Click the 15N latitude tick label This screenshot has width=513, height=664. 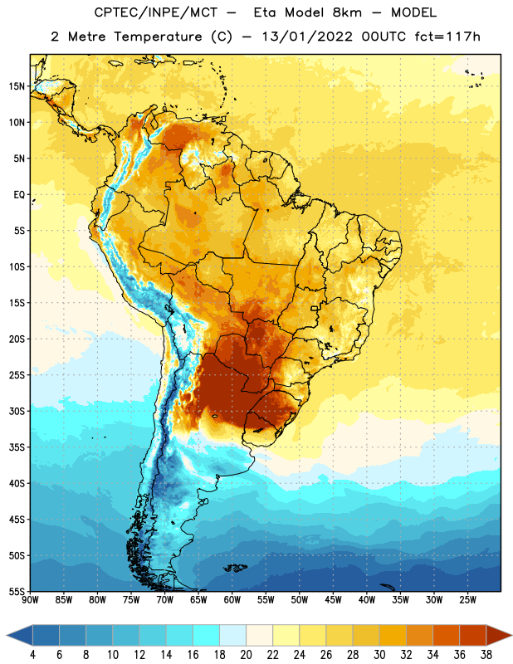[17, 86]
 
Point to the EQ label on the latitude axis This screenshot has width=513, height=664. [19, 195]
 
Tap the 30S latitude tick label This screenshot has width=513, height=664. [17, 411]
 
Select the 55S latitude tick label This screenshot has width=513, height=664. [17, 591]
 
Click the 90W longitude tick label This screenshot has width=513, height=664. [30, 600]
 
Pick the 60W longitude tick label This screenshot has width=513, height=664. [232, 600]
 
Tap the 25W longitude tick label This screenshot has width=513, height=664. [467, 600]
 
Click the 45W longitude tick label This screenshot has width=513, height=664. [333, 600]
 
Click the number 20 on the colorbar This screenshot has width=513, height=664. [246, 655]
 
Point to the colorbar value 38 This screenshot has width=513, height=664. [486, 655]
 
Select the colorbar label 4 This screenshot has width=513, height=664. [32, 655]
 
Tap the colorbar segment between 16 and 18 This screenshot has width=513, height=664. [206, 636]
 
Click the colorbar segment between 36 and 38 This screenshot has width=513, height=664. [473, 636]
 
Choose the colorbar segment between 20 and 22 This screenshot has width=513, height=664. [259, 636]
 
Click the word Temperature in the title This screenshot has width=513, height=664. [158, 37]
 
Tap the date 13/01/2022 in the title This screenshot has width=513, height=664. [306, 37]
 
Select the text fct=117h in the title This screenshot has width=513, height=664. [447, 37]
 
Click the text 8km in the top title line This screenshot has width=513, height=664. [347, 12]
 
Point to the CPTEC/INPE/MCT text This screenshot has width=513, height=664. [155, 12]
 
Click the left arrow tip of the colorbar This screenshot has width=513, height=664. [7, 636]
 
